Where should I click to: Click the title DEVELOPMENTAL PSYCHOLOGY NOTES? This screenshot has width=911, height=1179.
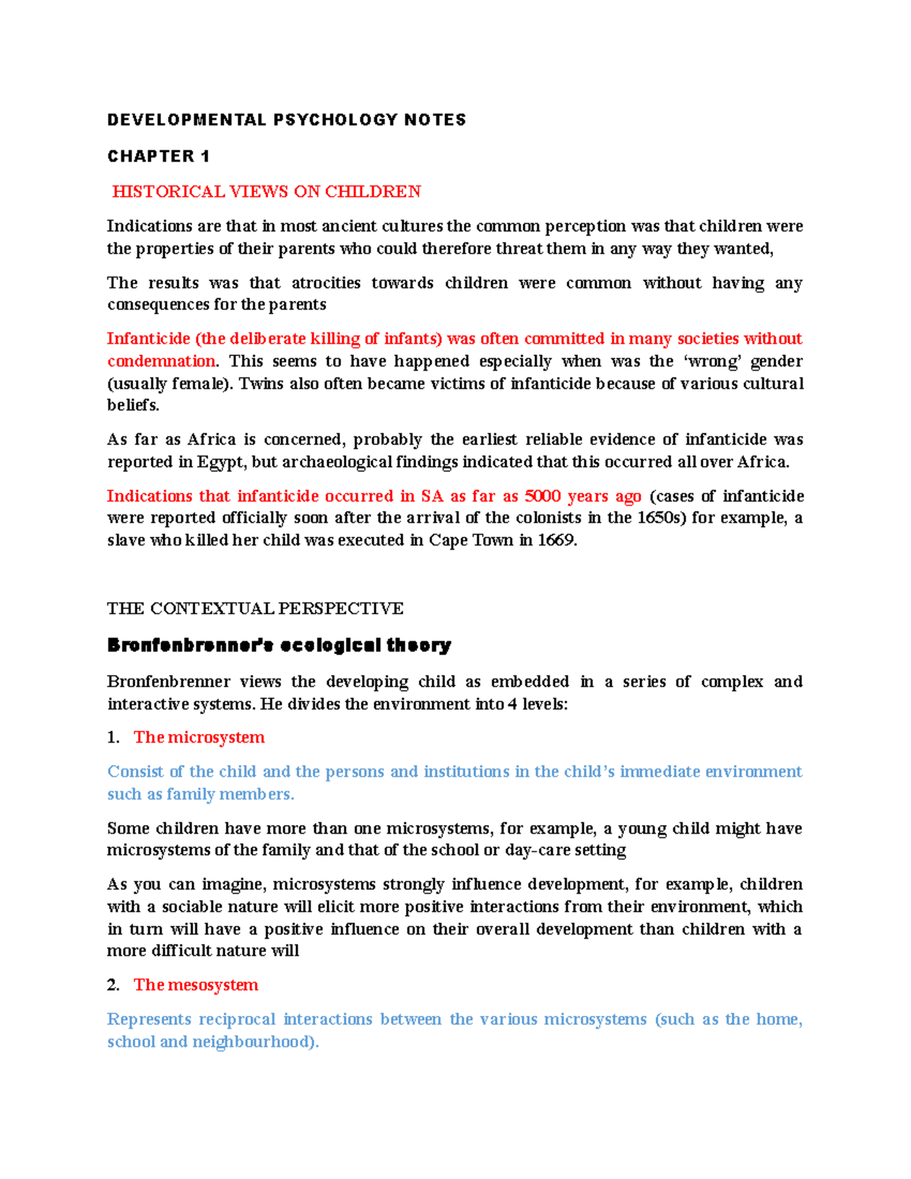click(x=286, y=120)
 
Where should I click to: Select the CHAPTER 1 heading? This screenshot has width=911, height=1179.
click(x=158, y=156)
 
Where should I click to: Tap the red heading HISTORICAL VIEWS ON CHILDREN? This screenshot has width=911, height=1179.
click(x=266, y=192)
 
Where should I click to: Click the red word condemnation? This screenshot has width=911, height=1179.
click(x=161, y=361)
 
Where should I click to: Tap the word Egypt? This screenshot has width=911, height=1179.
click(x=221, y=462)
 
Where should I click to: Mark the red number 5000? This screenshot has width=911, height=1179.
click(x=543, y=497)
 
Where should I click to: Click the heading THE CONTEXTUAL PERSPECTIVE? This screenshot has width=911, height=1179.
click(x=255, y=609)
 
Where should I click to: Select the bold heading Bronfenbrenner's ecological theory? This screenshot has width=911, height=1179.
click(x=279, y=646)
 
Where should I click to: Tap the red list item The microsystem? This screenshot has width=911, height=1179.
click(x=199, y=738)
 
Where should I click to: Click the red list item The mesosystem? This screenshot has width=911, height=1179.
click(x=196, y=985)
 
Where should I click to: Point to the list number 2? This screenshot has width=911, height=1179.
click(x=113, y=985)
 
